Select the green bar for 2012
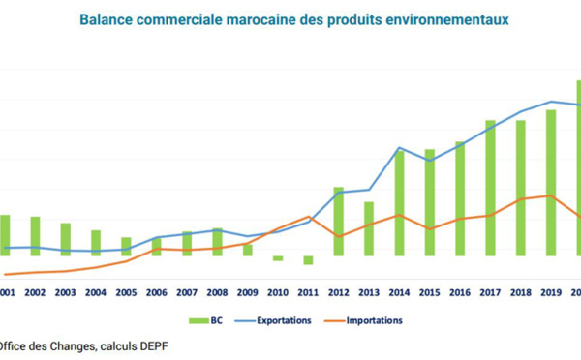339,222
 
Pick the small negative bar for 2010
278,258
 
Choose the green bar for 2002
35,236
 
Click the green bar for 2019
551,183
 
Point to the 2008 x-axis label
217,291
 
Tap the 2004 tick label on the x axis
96,291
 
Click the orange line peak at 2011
308,216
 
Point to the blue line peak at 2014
399,148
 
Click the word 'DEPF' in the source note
138,345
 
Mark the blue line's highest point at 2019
551,102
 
